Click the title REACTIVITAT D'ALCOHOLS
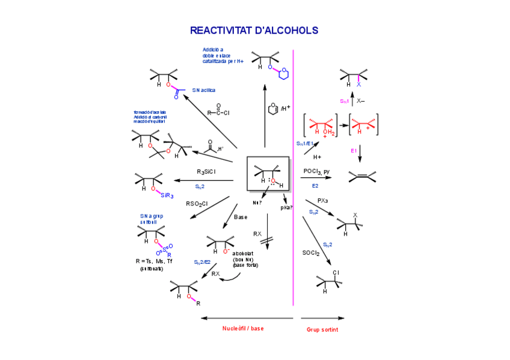click(254, 30)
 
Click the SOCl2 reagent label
click(311, 253)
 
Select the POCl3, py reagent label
click(316, 171)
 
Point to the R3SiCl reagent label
click(206, 172)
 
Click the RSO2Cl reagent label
click(197, 204)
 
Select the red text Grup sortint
click(322, 329)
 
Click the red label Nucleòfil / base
click(243, 328)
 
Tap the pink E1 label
click(354, 151)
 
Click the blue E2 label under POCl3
click(315, 186)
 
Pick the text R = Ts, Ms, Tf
click(154, 261)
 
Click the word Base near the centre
click(241, 217)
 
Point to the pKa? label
click(286, 207)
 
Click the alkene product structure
click(363, 177)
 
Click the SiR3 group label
click(167, 195)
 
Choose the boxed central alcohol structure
click(268, 174)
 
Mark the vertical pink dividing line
click(293, 180)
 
